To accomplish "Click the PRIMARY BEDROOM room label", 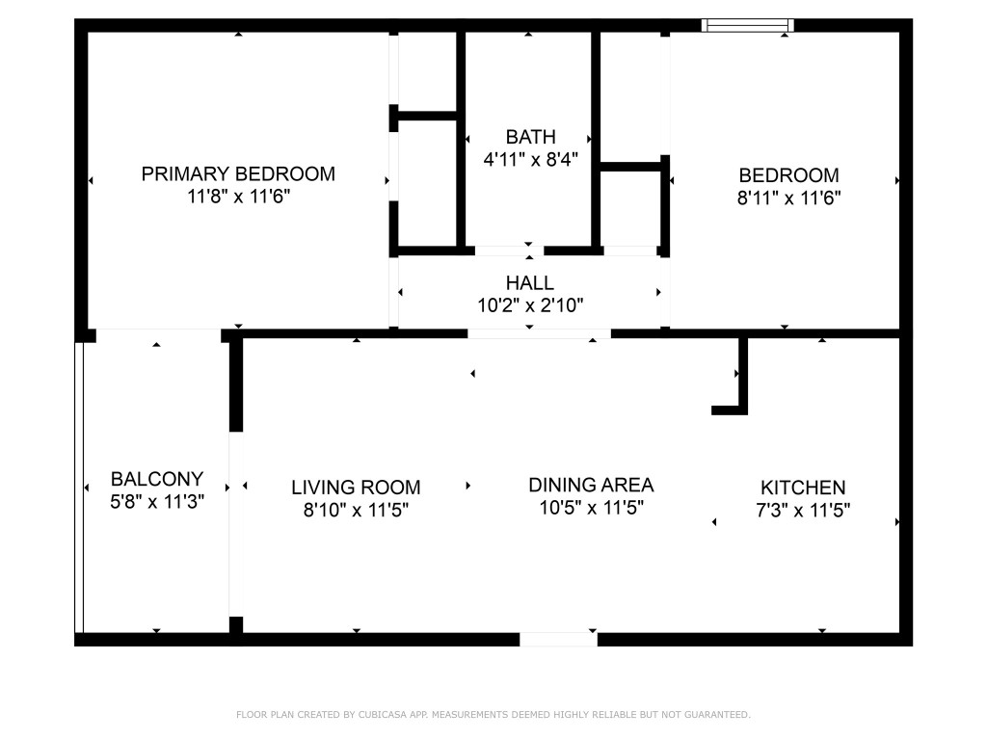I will [238, 174].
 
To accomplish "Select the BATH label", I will [530, 137].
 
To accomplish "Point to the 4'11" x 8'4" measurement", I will [530, 160].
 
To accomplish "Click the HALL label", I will [530, 283].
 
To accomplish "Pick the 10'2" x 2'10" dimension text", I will [530, 305].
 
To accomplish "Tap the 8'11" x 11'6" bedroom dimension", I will [788, 198].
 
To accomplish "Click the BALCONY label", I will [157, 479].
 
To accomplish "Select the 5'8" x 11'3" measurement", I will [157, 501].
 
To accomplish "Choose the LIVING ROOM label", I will [356, 488].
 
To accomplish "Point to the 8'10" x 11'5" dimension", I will [356, 511].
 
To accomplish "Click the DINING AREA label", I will [591, 485].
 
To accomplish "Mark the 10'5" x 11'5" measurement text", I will [591, 508].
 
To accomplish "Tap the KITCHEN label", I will [803, 488].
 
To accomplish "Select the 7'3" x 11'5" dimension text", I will [803, 511].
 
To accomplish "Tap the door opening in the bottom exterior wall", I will [558, 639].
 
